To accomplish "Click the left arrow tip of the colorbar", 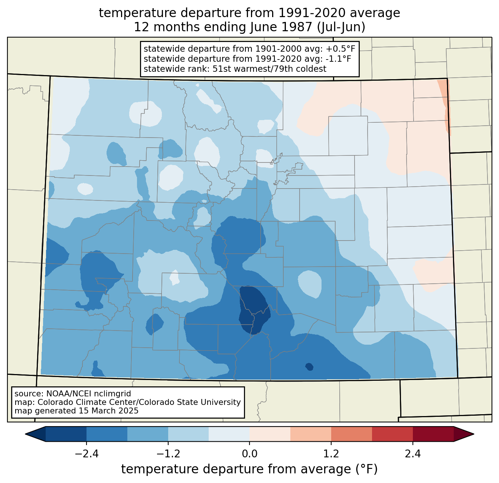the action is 25,434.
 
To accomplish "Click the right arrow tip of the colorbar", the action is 474,434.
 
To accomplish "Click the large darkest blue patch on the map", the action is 254,309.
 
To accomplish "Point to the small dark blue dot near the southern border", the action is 309,367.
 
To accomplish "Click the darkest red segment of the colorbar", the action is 433,434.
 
